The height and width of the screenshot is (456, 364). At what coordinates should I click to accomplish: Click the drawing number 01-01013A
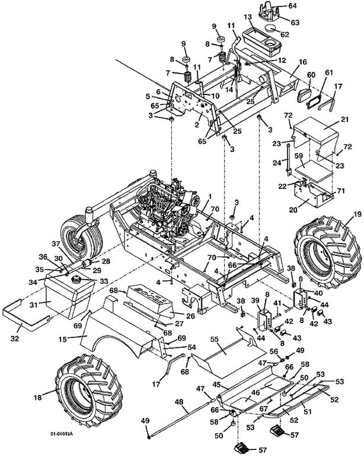click(62, 434)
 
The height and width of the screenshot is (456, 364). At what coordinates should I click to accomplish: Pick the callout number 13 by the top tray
click(247, 17)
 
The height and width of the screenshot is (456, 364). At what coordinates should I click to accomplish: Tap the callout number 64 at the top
click(293, 5)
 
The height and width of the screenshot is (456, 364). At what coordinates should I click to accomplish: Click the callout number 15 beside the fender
click(63, 339)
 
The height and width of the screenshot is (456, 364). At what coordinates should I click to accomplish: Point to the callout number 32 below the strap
click(15, 338)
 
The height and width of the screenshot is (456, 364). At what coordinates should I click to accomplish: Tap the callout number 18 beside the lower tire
click(38, 397)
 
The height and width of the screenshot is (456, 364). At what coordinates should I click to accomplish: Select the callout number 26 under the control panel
click(190, 315)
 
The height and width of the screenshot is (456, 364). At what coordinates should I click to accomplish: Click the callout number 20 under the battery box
click(293, 210)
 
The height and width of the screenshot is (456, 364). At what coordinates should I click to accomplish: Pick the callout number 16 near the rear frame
click(302, 62)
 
